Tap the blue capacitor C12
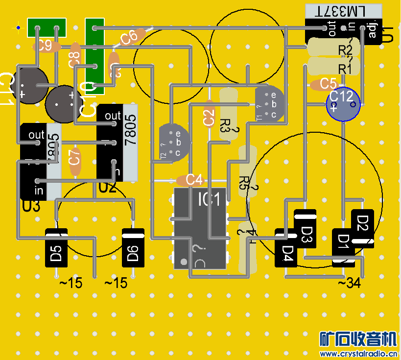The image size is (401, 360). (344, 104)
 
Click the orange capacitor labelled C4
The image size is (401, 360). (189, 180)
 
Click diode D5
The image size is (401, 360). (56, 248)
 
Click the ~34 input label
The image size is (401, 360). (349, 283)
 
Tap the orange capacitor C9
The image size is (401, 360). (47, 47)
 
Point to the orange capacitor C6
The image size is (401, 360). (130, 37)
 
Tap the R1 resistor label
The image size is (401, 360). (346, 69)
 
